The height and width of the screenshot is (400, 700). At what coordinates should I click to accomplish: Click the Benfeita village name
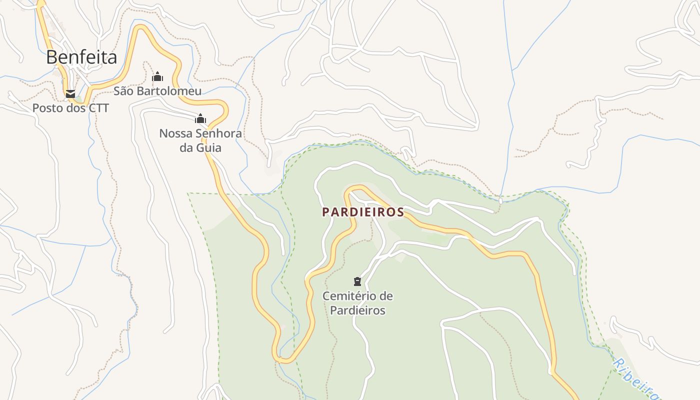(x=81, y=57)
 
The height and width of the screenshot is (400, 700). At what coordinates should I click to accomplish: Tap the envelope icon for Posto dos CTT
(x=70, y=93)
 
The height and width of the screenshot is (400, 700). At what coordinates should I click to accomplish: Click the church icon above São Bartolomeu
(x=157, y=76)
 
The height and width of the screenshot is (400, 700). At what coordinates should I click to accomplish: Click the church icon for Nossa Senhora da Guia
(x=200, y=119)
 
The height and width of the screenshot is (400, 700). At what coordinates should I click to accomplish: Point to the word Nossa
(x=175, y=133)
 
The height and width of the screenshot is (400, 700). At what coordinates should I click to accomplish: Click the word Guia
(x=209, y=148)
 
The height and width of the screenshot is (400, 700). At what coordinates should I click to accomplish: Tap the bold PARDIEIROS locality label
(x=363, y=212)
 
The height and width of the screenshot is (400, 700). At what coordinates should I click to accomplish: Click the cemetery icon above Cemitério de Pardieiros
(x=357, y=281)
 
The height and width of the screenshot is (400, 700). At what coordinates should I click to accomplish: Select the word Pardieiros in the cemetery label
(x=357, y=310)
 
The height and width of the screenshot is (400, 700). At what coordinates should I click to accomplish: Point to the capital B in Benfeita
(x=52, y=57)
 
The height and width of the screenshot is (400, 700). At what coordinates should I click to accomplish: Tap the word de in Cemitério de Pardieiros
(x=386, y=296)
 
